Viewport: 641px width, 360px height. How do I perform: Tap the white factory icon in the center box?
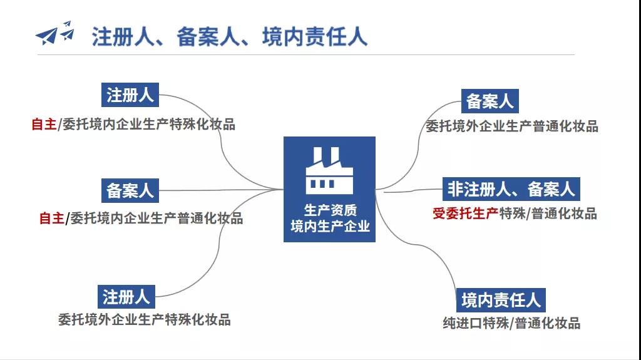(329, 170)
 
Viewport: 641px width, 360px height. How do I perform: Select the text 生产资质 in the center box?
(330, 210)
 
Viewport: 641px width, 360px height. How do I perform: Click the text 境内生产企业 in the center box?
(330, 226)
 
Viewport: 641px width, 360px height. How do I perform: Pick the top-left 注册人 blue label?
(130, 95)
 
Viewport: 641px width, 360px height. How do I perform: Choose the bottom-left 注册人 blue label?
(126, 297)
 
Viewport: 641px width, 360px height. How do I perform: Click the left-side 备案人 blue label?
(130, 190)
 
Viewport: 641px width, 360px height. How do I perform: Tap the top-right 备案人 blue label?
(490, 101)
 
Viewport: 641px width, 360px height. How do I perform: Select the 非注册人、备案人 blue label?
(510, 188)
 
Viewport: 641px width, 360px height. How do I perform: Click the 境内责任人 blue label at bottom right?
(501, 300)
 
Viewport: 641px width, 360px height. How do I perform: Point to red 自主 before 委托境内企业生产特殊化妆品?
(44, 124)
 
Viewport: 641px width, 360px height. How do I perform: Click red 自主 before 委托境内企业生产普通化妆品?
(51, 219)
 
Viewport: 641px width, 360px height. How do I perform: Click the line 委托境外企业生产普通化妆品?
(511, 126)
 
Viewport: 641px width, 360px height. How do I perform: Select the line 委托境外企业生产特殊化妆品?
(145, 320)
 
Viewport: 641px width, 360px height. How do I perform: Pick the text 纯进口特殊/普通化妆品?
(511, 324)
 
